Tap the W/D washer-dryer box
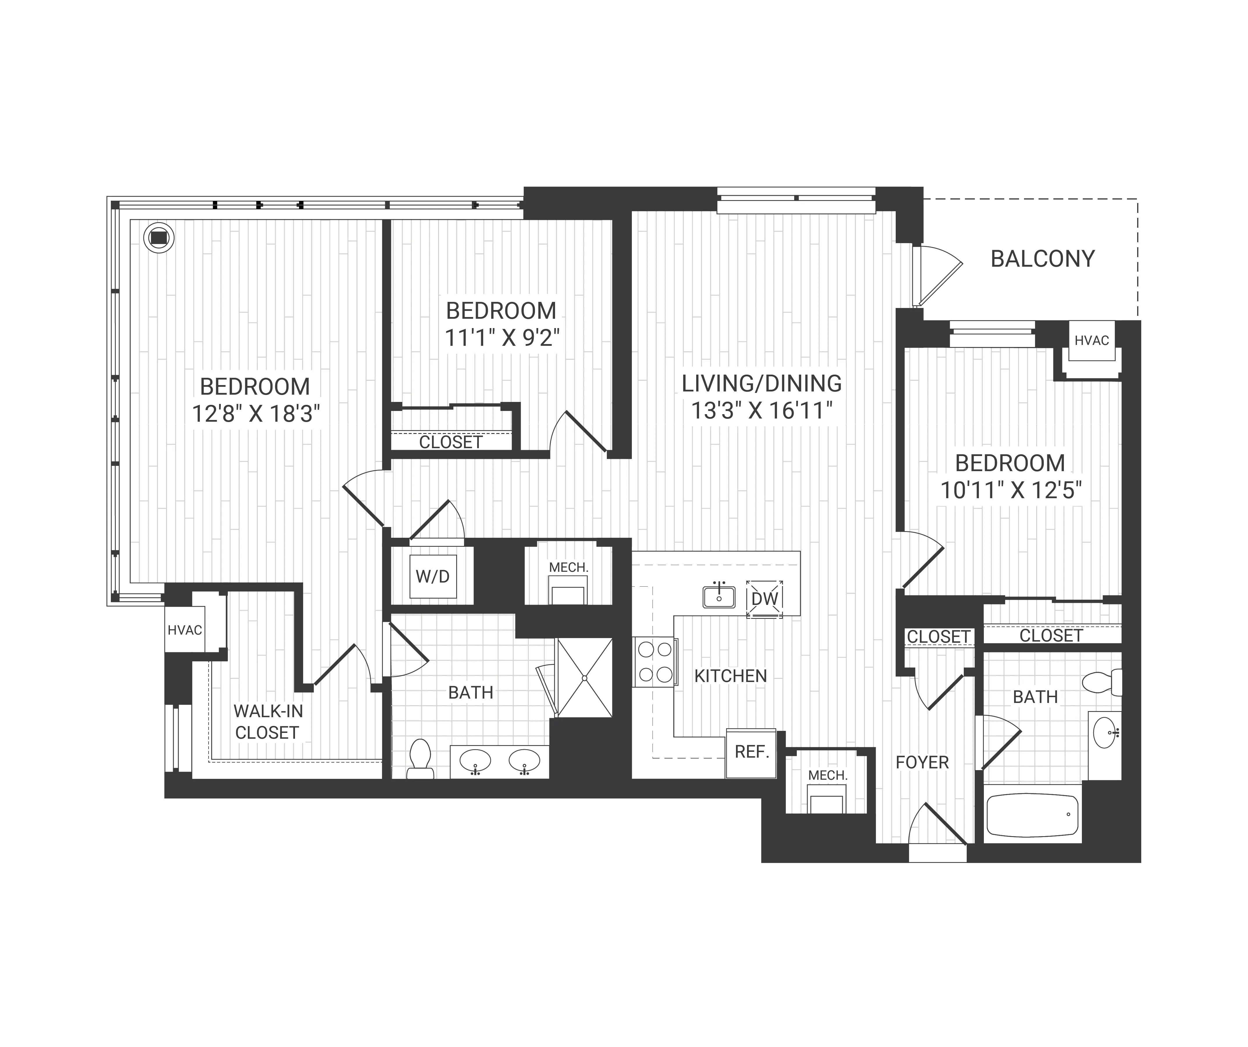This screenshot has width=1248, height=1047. click(433, 576)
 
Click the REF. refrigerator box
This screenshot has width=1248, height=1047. click(751, 752)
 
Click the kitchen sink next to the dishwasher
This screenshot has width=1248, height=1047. click(719, 596)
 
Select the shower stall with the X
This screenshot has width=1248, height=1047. click(584, 677)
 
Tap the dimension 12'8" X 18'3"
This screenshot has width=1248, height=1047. click(256, 414)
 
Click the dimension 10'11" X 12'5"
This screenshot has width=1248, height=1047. click(1010, 490)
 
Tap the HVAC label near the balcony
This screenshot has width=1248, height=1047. click(1092, 341)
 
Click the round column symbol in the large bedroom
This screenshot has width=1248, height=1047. click(159, 238)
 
